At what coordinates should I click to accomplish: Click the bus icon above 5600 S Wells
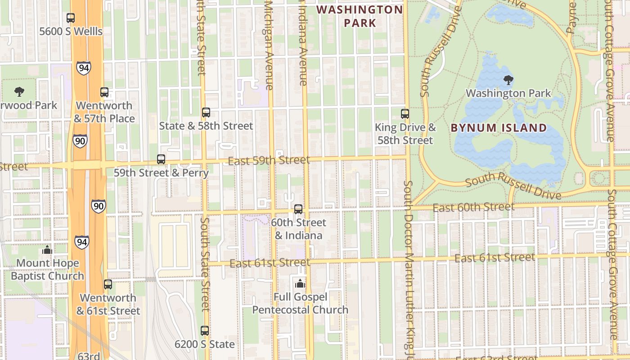(x=71, y=18)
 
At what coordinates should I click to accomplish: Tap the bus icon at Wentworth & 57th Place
(x=104, y=92)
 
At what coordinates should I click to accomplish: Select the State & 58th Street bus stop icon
(x=206, y=112)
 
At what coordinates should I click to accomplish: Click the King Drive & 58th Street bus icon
(x=405, y=114)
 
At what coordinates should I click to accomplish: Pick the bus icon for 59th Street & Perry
(x=161, y=159)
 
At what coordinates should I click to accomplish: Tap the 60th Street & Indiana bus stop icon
(x=298, y=209)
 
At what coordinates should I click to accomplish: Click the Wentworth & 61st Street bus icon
(x=108, y=284)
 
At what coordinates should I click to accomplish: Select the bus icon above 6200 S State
(x=205, y=331)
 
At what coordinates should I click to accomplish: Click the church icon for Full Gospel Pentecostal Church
(x=300, y=283)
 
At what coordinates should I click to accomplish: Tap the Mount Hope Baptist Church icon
(x=47, y=250)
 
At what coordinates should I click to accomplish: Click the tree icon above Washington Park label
(x=508, y=81)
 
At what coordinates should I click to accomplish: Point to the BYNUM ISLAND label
(x=499, y=128)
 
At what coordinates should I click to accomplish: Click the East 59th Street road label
(x=269, y=161)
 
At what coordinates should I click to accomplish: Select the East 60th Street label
(x=473, y=207)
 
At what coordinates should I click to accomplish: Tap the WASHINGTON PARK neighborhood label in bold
(x=360, y=16)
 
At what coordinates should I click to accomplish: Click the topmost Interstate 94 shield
(x=83, y=68)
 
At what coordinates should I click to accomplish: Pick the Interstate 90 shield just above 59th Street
(x=80, y=141)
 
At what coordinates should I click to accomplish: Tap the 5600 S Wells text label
(x=71, y=31)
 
